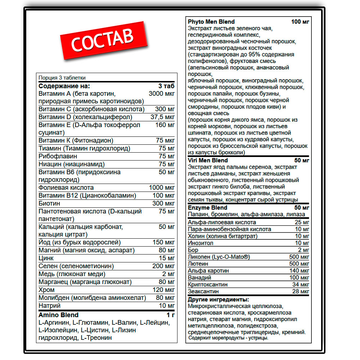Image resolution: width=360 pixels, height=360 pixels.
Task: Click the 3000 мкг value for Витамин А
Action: (x=162, y=94)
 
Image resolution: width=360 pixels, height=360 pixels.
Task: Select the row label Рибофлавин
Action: (x=58, y=156)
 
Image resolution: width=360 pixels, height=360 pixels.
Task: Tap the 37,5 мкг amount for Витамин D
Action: (x=163, y=117)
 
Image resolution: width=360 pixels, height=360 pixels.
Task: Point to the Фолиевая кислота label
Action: (x=66, y=188)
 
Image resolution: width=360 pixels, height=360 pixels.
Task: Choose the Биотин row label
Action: (x=50, y=203)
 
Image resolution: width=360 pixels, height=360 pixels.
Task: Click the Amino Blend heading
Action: (x=58, y=315)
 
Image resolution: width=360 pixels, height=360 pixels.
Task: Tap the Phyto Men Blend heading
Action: (x=211, y=22)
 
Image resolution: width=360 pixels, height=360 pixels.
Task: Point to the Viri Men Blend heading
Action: (x=208, y=160)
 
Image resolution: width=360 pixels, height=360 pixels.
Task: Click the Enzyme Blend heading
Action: (x=207, y=207)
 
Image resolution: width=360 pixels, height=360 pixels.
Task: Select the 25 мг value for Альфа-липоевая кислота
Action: (x=302, y=222)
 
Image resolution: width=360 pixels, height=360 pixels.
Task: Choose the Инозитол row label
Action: (x=201, y=243)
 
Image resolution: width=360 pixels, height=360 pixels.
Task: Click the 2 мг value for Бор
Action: (x=303, y=250)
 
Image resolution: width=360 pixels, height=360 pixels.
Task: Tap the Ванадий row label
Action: (x=199, y=278)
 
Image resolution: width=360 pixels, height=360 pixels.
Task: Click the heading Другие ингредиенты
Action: (x=219, y=300)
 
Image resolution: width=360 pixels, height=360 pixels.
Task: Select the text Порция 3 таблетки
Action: (x=62, y=78)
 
